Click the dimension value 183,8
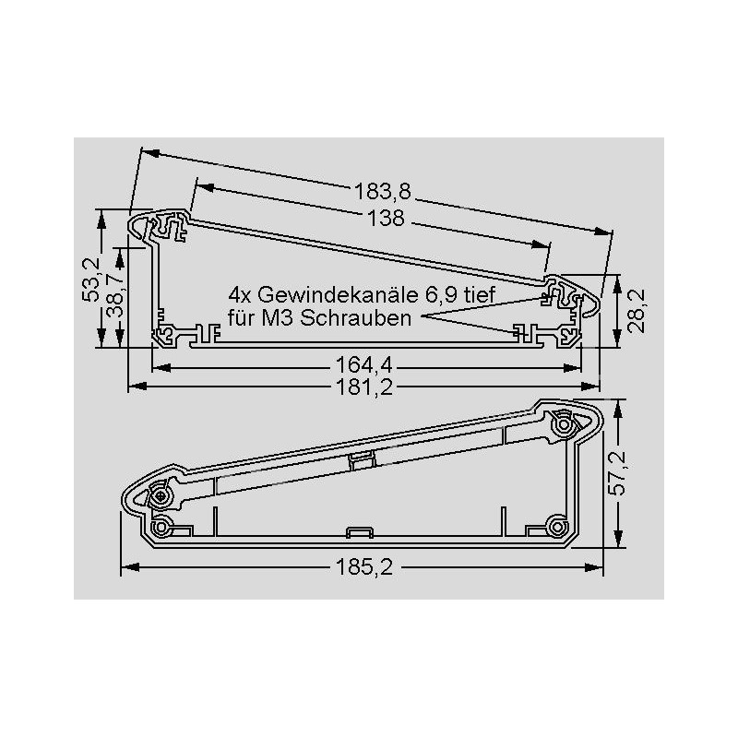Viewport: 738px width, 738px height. pos(382,192)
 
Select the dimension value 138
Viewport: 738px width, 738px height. pos(386,219)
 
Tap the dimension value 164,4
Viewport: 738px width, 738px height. pos(363,365)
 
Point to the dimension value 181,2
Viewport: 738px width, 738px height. pos(363,387)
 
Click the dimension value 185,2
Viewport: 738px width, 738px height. pos(363,567)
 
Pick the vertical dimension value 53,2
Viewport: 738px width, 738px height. pos(90,280)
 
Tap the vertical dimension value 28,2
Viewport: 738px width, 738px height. pos(637,311)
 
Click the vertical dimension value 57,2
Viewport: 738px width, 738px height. pos(617,473)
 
